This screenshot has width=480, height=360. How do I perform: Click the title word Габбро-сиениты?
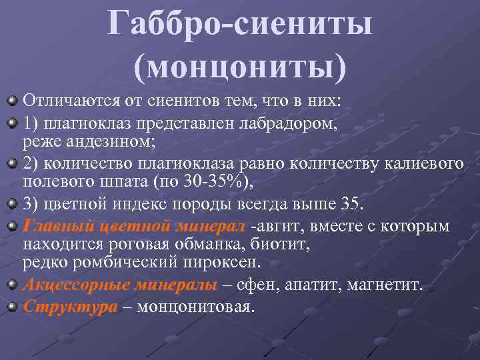[240, 25]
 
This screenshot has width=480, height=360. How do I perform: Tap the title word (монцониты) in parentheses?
[240, 67]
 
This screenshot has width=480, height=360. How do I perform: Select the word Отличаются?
[69, 101]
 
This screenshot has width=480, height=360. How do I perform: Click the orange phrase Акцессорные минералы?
[120, 285]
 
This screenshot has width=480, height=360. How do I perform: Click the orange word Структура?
[70, 307]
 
